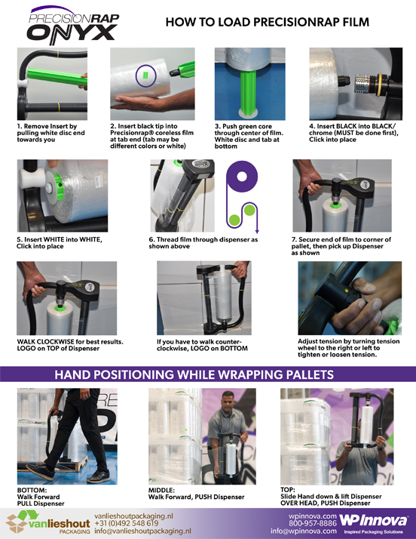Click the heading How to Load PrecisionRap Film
pyautogui.click(x=267, y=23)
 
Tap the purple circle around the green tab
pyautogui.click(x=146, y=75)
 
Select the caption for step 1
pyautogui.click(x=50, y=133)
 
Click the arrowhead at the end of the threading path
pyautogui.click(x=257, y=231)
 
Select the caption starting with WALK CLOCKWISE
pyautogui.click(x=70, y=345)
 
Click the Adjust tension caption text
pyautogui.click(x=348, y=348)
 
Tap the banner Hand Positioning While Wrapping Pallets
pyautogui.click(x=194, y=374)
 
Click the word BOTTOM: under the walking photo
pyautogui.click(x=32, y=490)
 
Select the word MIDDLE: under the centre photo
pyautogui.click(x=161, y=490)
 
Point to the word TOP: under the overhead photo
pyautogui.click(x=288, y=490)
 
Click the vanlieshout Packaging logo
pyautogui.click(x=48, y=522)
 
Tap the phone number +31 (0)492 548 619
pyautogui.click(x=127, y=524)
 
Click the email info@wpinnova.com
pyautogui.click(x=304, y=531)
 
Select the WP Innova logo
pyautogui.click(x=374, y=523)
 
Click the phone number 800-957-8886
pyautogui.click(x=313, y=524)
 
